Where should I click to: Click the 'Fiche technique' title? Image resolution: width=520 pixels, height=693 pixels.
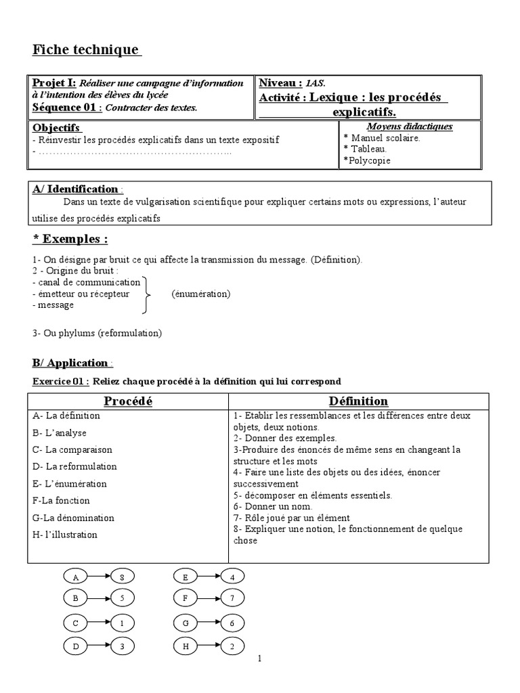pyautogui.click(x=86, y=50)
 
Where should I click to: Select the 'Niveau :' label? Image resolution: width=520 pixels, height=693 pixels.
pyautogui.click(x=280, y=83)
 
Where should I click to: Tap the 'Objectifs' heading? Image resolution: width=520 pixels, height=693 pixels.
pyautogui.click(x=56, y=128)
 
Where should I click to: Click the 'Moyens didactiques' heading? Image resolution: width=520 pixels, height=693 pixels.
pyautogui.click(x=410, y=127)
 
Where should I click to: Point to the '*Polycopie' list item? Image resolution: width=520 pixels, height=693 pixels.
pyautogui.click(x=367, y=160)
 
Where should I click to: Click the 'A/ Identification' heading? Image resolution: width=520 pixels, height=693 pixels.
pyautogui.click(x=75, y=189)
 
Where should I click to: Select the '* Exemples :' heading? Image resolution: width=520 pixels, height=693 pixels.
pyautogui.click(x=70, y=239)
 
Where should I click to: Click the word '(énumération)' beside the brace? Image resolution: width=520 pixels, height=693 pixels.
pyautogui.click(x=201, y=294)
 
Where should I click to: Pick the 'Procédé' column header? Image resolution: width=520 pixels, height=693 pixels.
pyautogui.click(x=127, y=401)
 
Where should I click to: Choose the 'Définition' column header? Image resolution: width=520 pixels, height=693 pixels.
pyautogui.click(x=358, y=401)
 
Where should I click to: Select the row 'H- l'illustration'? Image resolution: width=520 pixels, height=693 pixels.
pyautogui.click(x=64, y=535)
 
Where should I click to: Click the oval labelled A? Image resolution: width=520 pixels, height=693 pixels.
pyautogui.click(x=77, y=577)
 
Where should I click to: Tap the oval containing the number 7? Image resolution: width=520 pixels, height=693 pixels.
pyautogui.click(x=232, y=598)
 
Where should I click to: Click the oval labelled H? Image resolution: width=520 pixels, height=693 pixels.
pyautogui.click(x=185, y=647)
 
